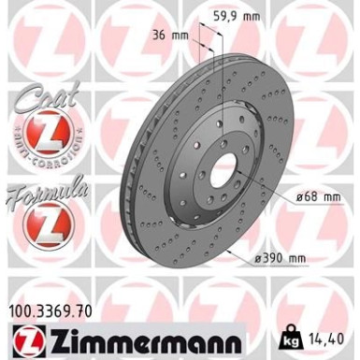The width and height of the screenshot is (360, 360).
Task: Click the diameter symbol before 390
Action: (x=256, y=257)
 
